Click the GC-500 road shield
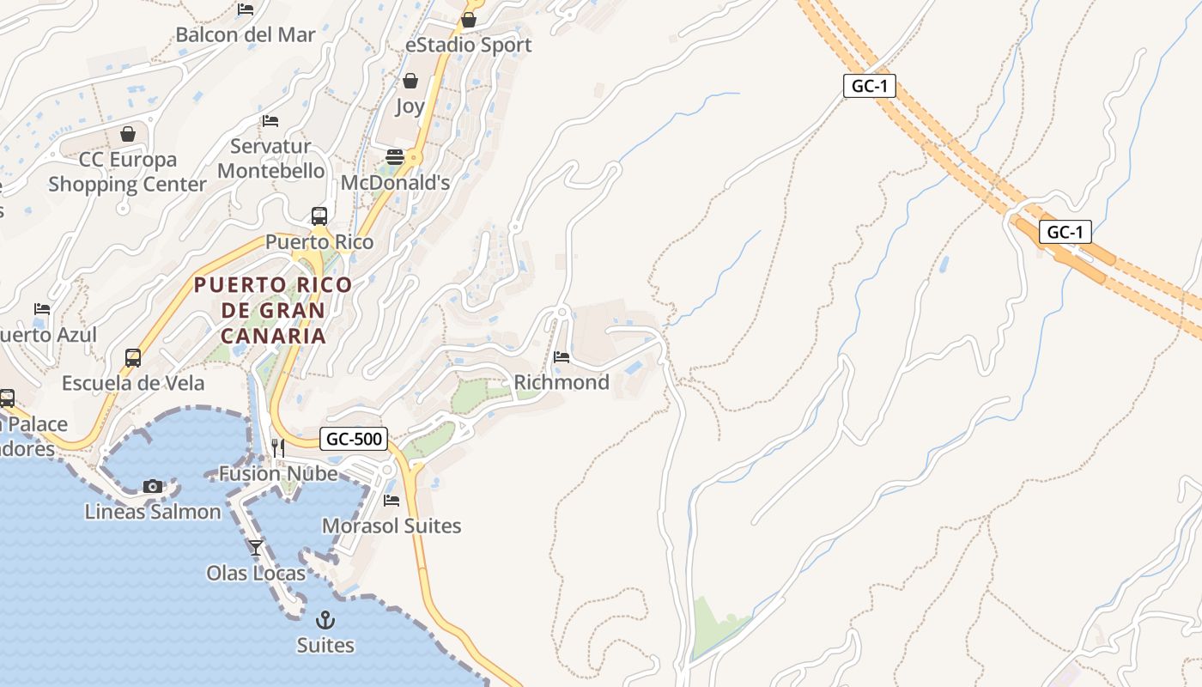[x=354, y=439]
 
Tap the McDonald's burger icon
[x=395, y=157]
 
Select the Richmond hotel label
[x=562, y=382]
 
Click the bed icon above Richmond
[x=562, y=356]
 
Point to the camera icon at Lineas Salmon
[x=153, y=487]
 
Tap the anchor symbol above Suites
[x=325, y=619]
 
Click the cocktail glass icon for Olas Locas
[x=256, y=547]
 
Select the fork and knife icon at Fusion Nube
[x=278, y=447]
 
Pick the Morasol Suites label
[x=392, y=526]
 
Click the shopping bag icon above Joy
[x=410, y=81]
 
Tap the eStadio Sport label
[x=468, y=45]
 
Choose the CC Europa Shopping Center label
[x=127, y=172]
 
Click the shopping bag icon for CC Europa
[x=128, y=134]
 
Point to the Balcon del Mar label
[x=246, y=35]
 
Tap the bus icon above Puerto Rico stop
[x=319, y=216]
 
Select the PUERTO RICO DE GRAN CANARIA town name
[x=273, y=310]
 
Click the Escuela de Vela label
[x=133, y=383]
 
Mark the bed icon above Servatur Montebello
[x=270, y=120]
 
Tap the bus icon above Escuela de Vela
[x=133, y=357]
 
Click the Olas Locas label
[x=256, y=573]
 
